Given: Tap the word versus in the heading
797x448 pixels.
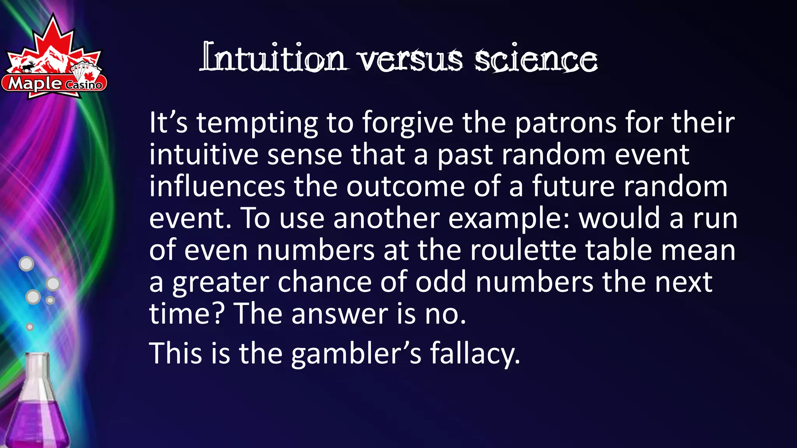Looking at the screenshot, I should pyautogui.click(x=411, y=60).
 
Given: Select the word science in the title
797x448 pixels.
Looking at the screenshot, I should pyautogui.click(x=536, y=60).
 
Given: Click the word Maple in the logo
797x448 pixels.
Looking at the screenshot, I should pyautogui.click(x=35, y=83).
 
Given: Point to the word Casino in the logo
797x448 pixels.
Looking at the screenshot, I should pyautogui.click(x=84, y=84).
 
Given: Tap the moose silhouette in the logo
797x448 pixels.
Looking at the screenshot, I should pyautogui.click(x=28, y=67).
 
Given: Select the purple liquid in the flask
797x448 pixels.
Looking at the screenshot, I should pyautogui.click(x=37, y=424).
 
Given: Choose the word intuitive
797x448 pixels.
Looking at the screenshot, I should pyautogui.click(x=204, y=155).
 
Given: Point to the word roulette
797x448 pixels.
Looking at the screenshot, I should pyautogui.click(x=523, y=250).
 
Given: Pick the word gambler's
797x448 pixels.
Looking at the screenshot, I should pyautogui.click(x=356, y=354).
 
